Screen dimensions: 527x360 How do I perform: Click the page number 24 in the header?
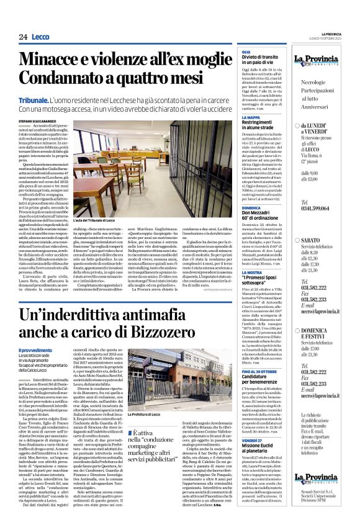click(x=23, y=37)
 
